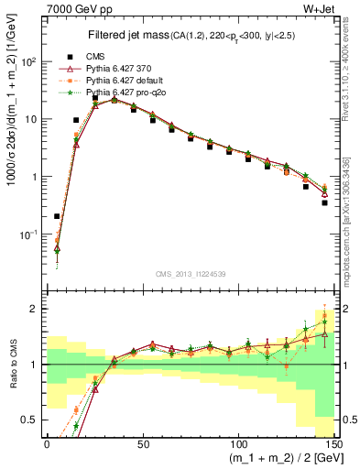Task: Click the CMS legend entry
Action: click(x=94, y=55)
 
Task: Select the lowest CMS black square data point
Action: click(x=57, y=217)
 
